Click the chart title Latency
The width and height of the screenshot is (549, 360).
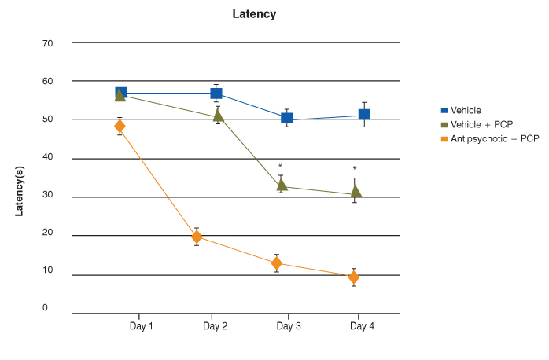pos(254,14)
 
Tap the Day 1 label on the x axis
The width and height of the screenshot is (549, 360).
pos(141,325)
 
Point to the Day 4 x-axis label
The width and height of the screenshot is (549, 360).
pos(362,325)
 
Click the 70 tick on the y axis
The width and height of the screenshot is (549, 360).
pos(47,43)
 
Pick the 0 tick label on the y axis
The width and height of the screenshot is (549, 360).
pos(46,308)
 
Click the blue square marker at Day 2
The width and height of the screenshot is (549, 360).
pos(216,94)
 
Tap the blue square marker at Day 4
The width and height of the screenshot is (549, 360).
pos(364,115)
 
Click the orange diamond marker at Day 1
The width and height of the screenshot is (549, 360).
pos(120,127)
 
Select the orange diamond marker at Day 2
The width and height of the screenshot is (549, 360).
pos(197,237)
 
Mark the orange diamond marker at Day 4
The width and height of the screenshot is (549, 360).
pos(353,277)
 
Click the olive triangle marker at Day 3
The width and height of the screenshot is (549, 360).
pos(282,185)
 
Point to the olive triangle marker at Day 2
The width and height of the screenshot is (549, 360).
pos(219,116)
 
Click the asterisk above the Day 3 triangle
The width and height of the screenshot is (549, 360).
pos(280,167)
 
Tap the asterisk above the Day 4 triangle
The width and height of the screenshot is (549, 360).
pos(355,169)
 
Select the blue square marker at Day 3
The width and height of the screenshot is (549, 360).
pos(287,118)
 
